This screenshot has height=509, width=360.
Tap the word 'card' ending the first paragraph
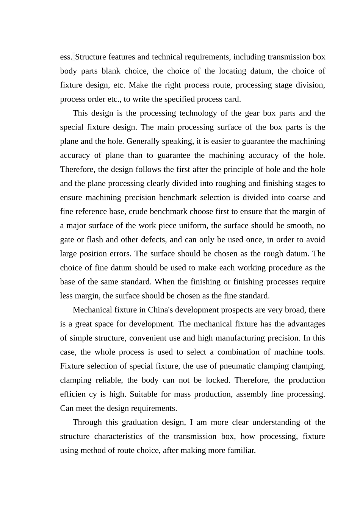(232, 99)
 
